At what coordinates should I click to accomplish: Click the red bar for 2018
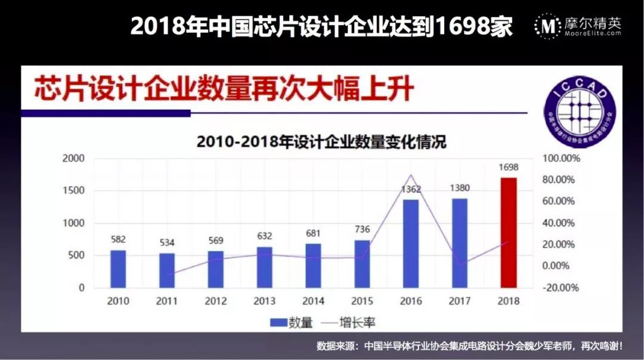[508, 232]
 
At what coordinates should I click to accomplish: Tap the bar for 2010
[118, 269]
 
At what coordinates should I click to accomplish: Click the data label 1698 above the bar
[508, 167]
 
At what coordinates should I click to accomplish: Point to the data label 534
[167, 243]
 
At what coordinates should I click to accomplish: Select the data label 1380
[459, 188]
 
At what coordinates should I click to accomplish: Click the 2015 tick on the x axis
[362, 301]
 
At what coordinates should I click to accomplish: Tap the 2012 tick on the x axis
[216, 301]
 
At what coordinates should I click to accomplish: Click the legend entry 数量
[292, 322]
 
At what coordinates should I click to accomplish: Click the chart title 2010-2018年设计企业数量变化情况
[321, 142]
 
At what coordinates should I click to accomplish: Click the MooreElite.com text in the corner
[593, 34]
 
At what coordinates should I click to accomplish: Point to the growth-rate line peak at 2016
[410, 175]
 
